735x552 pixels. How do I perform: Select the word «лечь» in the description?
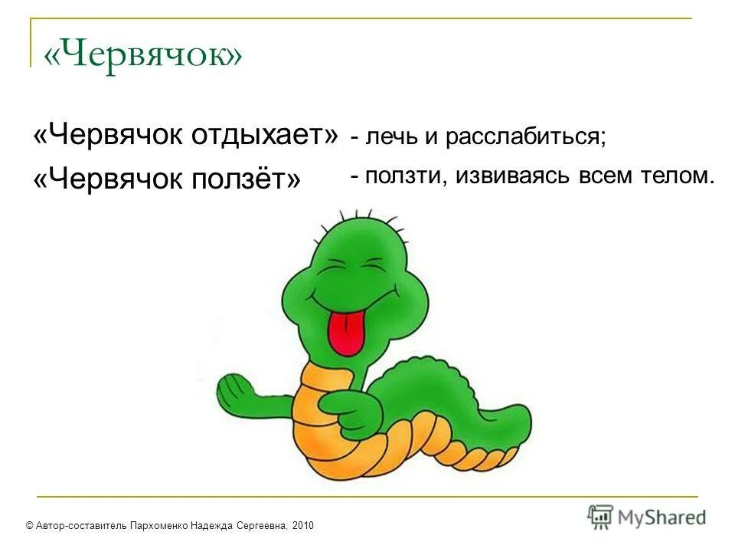pyautogui.click(x=389, y=137)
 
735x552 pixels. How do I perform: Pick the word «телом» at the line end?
pyautogui.click(x=675, y=176)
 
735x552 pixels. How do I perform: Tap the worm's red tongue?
pyautogui.click(x=345, y=330)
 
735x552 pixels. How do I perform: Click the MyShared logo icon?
pyautogui.click(x=601, y=517)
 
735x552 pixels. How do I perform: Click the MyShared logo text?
pyautogui.click(x=661, y=518)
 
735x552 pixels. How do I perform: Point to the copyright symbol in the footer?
pyautogui.click(x=29, y=525)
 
